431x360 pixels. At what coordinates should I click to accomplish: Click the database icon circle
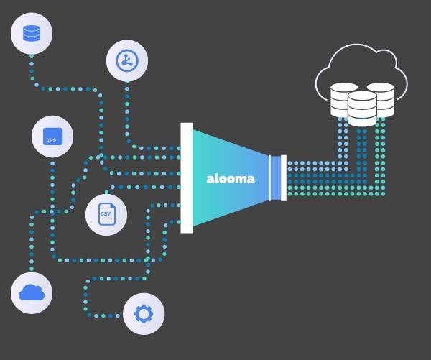(x=32, y=33)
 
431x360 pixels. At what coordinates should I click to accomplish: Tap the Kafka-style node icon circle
(x=127, y=60)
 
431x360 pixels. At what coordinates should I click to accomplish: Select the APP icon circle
(x=52, y=137)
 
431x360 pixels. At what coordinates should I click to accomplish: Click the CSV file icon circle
(x=106, y=215)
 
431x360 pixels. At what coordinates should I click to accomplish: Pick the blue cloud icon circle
(x=32, y=292)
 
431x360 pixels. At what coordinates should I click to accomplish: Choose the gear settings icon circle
(x=144, y=314)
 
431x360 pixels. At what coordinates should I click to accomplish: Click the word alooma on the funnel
(x=230, y=178)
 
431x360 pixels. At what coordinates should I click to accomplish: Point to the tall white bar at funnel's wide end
(x=187, y=177)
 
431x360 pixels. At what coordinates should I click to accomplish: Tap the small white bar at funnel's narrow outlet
(x=284, y=177)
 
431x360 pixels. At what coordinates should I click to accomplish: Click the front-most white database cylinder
(x=362, y=109)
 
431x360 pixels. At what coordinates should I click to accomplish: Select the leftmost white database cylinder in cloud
(x=343, y=99)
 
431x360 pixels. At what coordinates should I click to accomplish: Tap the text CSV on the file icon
(x=106, y=215)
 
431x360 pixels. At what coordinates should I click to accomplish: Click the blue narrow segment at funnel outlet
(x=275, y=177)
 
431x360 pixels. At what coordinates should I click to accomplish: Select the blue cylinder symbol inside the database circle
(x=32, y=33)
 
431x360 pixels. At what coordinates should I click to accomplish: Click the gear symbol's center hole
(x=144, y=314)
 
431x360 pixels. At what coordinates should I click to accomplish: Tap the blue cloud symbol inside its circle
(x=32, y=292)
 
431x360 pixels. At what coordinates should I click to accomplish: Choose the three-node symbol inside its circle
(x=127, y=60)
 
